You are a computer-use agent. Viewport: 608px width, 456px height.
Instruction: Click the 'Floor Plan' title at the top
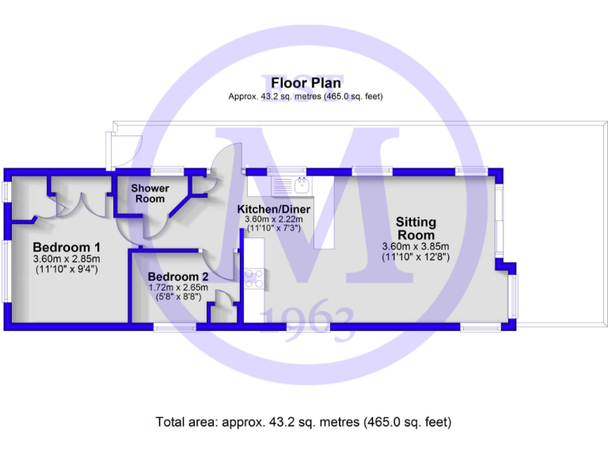click(306, 83)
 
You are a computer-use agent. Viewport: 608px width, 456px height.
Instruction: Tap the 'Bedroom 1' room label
click(66, 246)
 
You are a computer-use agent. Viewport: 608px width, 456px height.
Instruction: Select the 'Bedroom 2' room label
click(177, 276)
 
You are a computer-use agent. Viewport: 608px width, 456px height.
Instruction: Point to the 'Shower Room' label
click(150, 193)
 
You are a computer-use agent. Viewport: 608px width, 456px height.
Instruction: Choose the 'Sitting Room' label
click(416, 229)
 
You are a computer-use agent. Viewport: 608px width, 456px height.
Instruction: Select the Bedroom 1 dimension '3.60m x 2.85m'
click(66, 258)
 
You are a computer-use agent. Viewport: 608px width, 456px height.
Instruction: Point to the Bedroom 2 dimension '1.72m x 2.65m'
click(178, 287)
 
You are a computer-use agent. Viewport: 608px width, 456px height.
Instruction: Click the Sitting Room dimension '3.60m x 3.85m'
click(416, 246)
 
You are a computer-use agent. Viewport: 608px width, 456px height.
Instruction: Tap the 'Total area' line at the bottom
click(305, 422)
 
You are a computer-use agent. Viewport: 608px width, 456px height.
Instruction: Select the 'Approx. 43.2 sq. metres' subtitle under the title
click(306, 96)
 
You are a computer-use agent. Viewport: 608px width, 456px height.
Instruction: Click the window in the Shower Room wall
click(167, 170)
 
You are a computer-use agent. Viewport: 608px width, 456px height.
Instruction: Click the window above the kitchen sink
click(287, 170)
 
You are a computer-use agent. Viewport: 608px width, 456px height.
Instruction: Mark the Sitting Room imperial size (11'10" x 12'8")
click(416, 256)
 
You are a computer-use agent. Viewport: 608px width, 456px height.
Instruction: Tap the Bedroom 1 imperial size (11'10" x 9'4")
click(66, 269)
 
